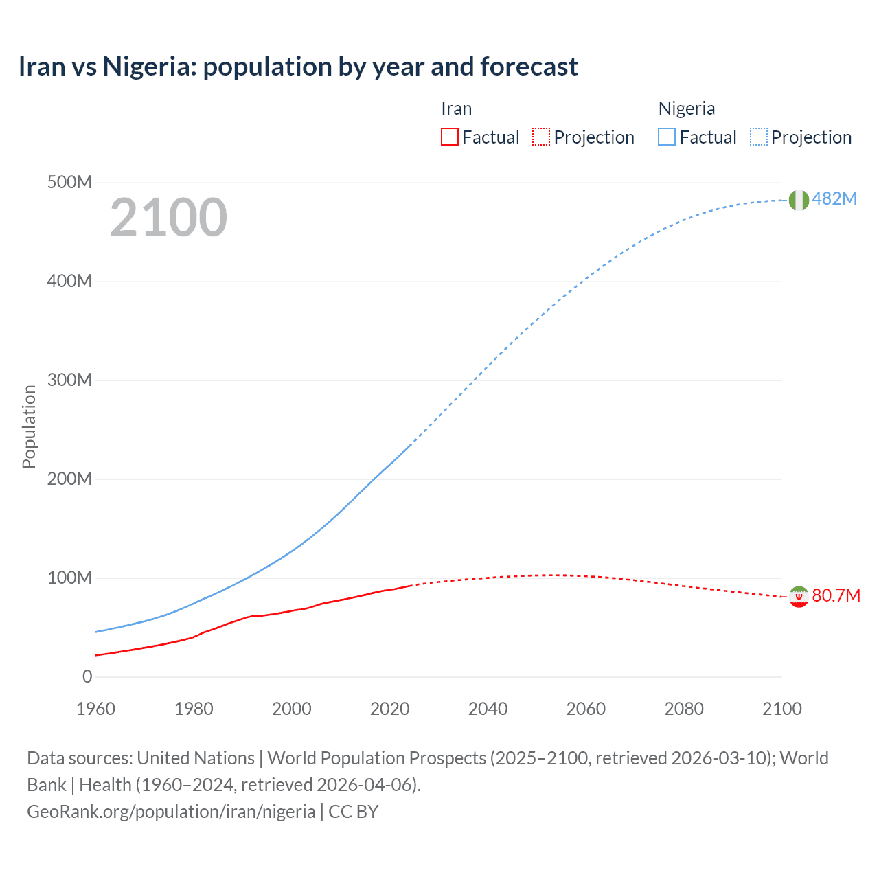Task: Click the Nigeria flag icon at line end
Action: [799, 200]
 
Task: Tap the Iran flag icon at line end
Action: [799, 597]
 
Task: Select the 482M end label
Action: [834, 198]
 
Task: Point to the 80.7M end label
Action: [836, 595]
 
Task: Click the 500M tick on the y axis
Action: [69, 182]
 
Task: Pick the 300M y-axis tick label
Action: [69, 380]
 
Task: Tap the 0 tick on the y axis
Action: [87, 676]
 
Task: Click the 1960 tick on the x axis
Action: [95, 709]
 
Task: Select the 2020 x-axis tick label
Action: [389, 709]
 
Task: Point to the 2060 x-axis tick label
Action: [586, 709]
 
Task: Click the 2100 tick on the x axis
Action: [781, 709]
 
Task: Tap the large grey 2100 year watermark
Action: [168, 217]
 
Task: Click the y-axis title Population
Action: [29, 426]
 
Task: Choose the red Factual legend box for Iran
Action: [450, 137]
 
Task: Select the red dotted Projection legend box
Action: [541, 137]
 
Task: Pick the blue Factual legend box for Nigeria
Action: [667, 137]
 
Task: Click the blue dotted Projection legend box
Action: [758, 137]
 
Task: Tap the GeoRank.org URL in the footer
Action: [171, 811]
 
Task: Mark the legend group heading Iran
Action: [456, 109]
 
